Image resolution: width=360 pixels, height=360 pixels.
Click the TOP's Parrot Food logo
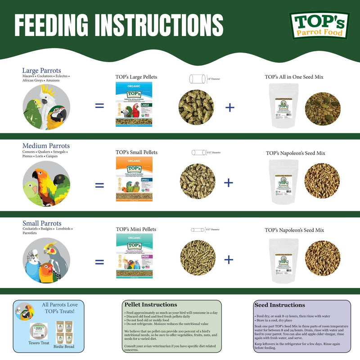(319, 26)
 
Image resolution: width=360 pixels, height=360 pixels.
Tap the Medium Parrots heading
(46, 146)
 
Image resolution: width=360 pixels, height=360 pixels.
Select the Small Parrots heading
(42, 224)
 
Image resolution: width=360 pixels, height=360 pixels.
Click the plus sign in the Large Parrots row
(229, 107)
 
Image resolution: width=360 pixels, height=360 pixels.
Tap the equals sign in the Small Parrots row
(99, 261)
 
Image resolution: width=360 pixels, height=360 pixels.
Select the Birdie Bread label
(65, 346)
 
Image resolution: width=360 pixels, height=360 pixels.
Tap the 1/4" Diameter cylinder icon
(197, 79)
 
